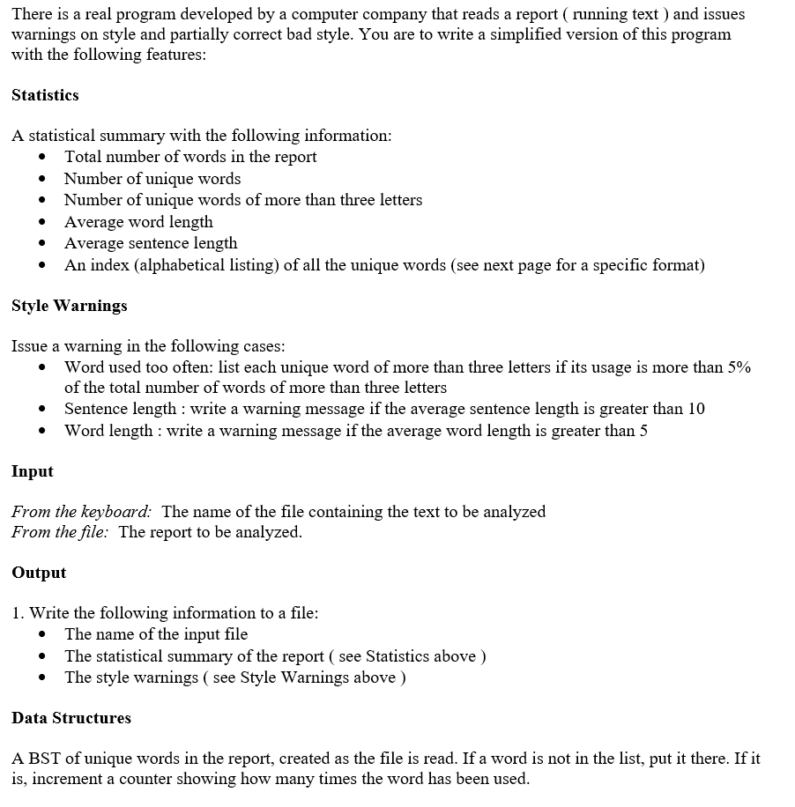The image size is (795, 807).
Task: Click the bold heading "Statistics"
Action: click(45, 95)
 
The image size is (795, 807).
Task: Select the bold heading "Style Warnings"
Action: click(69, 306)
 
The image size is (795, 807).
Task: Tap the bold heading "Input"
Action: click(33, 471)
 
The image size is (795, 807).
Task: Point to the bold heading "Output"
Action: click(39, 573)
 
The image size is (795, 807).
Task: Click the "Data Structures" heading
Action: click(71, 718)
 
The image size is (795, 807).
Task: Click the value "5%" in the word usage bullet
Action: click(739, 367)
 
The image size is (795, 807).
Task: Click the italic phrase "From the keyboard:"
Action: click(81, 512)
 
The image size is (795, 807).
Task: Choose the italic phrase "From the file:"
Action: click(60, 532)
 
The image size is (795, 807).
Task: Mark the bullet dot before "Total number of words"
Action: click(42, 158)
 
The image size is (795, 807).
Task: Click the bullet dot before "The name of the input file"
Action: click(42, 635)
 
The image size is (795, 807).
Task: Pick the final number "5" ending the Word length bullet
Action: click(643, 431)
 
